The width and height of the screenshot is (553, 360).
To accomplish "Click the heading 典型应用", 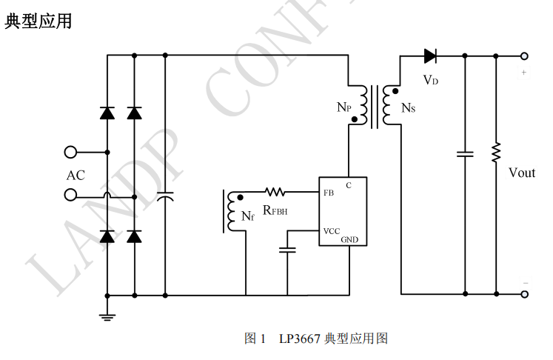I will point(38,21).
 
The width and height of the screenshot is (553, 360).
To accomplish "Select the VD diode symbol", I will point(431,55).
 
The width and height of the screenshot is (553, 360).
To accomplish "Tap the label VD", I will point(430,79).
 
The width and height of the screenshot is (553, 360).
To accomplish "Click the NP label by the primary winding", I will point(343,107).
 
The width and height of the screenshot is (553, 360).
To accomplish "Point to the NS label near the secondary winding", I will point(408,108).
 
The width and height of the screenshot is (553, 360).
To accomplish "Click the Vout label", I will point(521,173).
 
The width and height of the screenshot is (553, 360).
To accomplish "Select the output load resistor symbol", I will point(496,153).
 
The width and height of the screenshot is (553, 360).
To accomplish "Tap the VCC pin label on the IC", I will point(331,231).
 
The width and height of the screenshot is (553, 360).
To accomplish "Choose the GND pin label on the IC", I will point(349,240).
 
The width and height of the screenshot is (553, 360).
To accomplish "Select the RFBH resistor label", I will point(275,210).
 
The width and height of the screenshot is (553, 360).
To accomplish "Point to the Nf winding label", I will point(248,216).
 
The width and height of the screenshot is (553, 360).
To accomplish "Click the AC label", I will point(76,176).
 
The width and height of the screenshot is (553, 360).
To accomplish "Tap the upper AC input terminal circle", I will point(71,152).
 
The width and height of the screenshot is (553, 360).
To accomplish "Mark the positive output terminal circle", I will point(524,56).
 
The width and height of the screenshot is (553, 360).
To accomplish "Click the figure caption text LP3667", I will point(299,339).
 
